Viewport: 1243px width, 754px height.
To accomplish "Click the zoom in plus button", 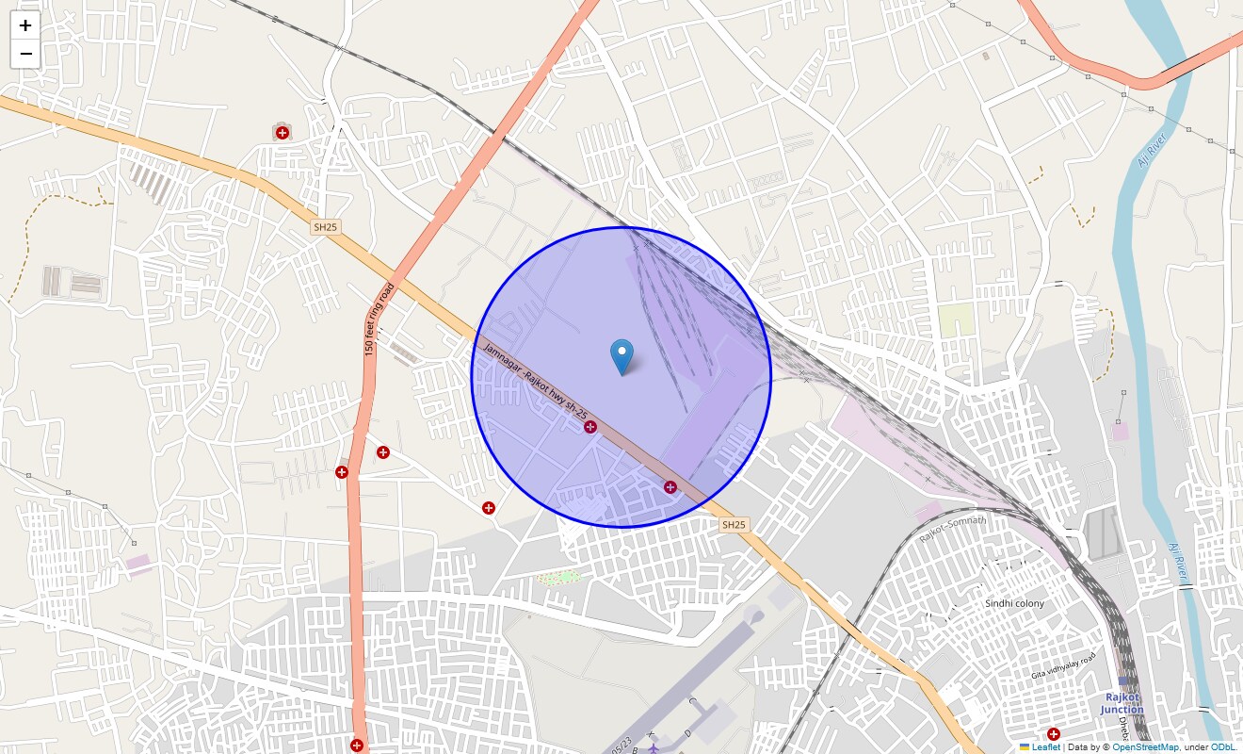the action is pos(25,26).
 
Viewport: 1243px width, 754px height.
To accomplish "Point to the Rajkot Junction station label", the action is pos(1122,703).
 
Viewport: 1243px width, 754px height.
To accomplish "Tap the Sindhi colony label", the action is pos(1014,603).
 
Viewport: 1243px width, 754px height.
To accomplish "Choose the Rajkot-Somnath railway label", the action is pos(953,529).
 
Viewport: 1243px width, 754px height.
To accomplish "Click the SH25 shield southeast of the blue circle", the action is pos(734,524).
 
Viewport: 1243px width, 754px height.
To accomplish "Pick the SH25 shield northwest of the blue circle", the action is pos(325,227).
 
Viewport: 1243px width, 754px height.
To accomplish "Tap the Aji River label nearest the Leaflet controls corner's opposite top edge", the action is pos(1152,151).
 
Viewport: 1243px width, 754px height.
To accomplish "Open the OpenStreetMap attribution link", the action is pos(1145,746).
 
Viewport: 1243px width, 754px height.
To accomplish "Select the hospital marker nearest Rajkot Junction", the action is pos(1054,734).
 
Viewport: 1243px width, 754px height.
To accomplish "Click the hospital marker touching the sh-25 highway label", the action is pos(590,428).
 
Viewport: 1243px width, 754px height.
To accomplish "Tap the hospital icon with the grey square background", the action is pos(282,133).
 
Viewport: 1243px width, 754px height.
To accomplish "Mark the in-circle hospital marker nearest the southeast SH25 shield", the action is pos(670,487).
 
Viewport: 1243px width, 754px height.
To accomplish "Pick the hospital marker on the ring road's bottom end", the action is pos(357,746).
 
